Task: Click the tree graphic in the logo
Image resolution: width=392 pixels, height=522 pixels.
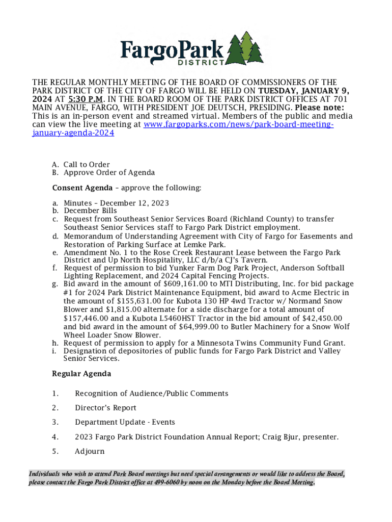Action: tap(244, 49)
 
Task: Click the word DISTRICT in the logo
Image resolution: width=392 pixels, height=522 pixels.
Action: tap(201, 63)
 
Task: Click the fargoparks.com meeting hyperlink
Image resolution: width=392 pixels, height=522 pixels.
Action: tap(239, 124)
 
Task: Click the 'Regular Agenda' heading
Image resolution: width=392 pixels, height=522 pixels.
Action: tap(81, 374)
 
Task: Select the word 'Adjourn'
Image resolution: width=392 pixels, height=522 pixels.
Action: tap(90, 451)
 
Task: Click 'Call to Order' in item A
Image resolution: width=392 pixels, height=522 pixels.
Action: tap(87, 165)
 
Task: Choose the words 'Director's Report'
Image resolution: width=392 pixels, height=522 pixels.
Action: tap(105, 408)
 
